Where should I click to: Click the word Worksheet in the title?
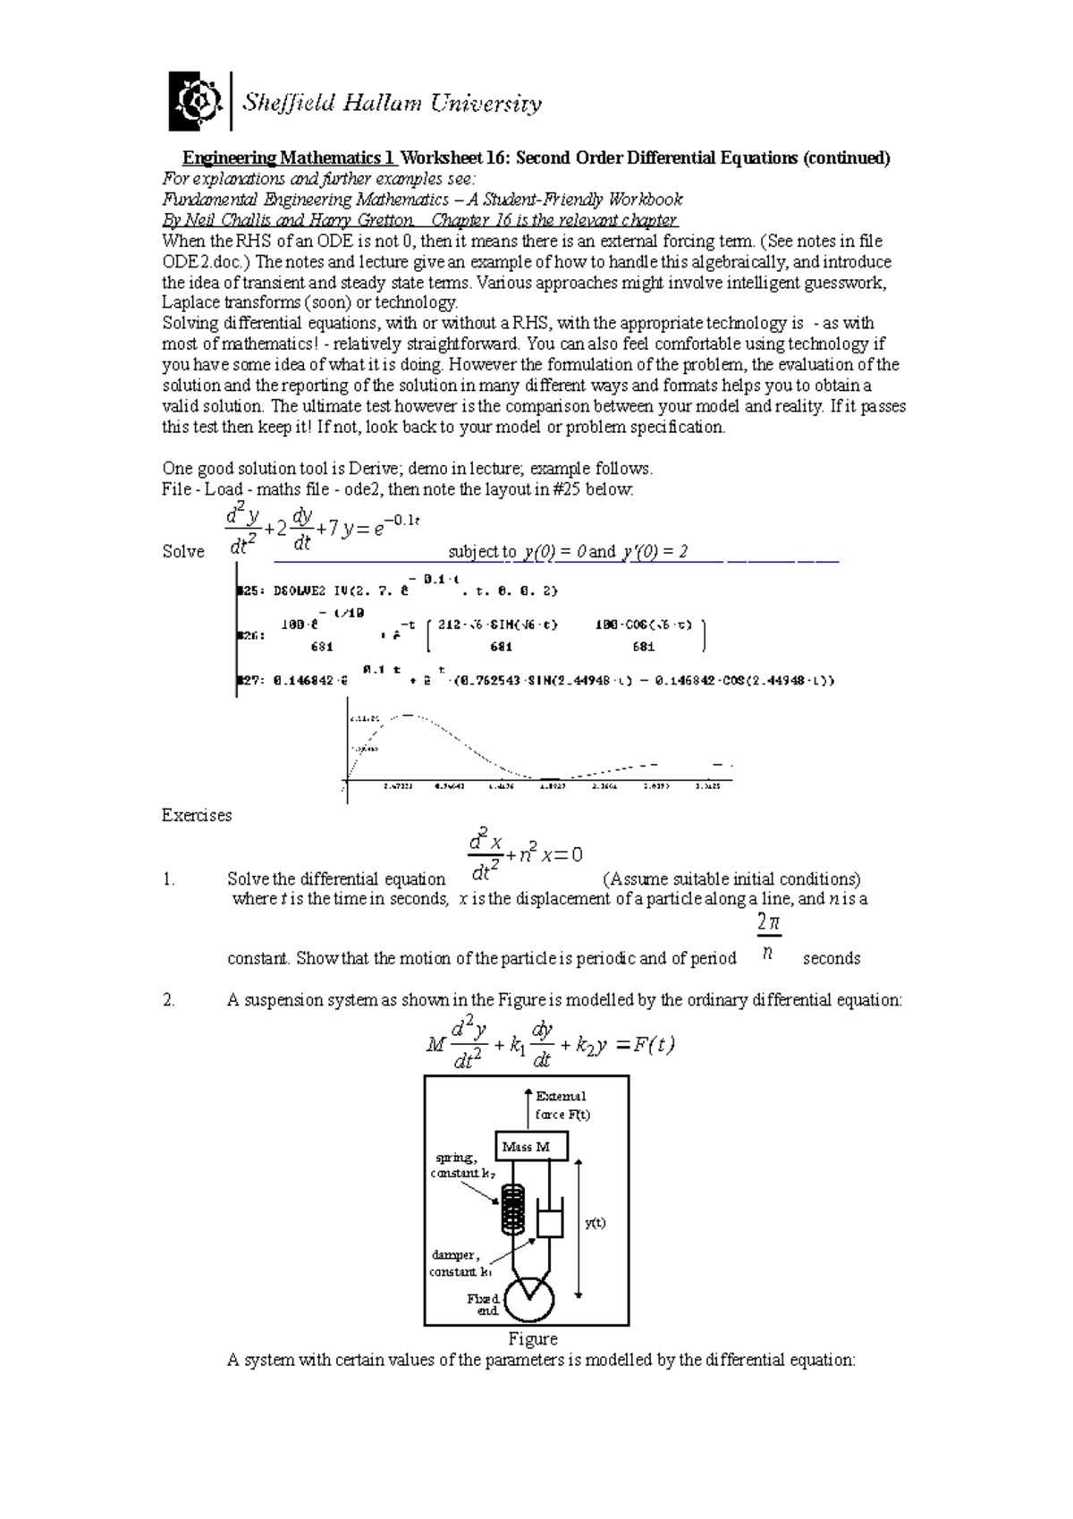coord(442,158)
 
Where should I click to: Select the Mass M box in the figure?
coord(532,1146)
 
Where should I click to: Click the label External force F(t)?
coord(562,1105)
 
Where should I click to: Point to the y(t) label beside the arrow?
coord(595,1223)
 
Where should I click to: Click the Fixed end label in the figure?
coord(484,1304)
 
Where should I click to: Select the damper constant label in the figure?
coord(460,1263)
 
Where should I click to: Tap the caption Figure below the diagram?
coord(533,1339)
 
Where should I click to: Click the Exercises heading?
coord(197,815)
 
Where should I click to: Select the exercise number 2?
coord(169,1000)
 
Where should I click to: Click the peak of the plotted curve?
coord(407,715)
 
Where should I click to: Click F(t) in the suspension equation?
coord(653,1044)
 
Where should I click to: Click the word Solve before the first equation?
coord(183,552)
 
